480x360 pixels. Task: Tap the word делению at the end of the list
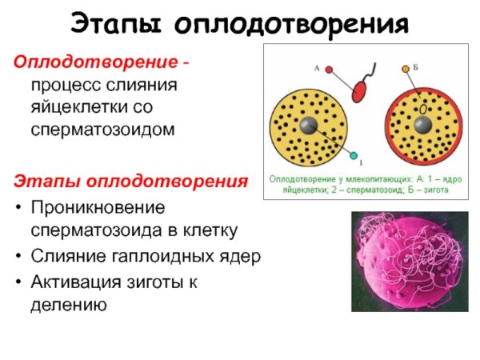point(68,303)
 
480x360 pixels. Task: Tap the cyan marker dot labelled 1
point(350,154)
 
